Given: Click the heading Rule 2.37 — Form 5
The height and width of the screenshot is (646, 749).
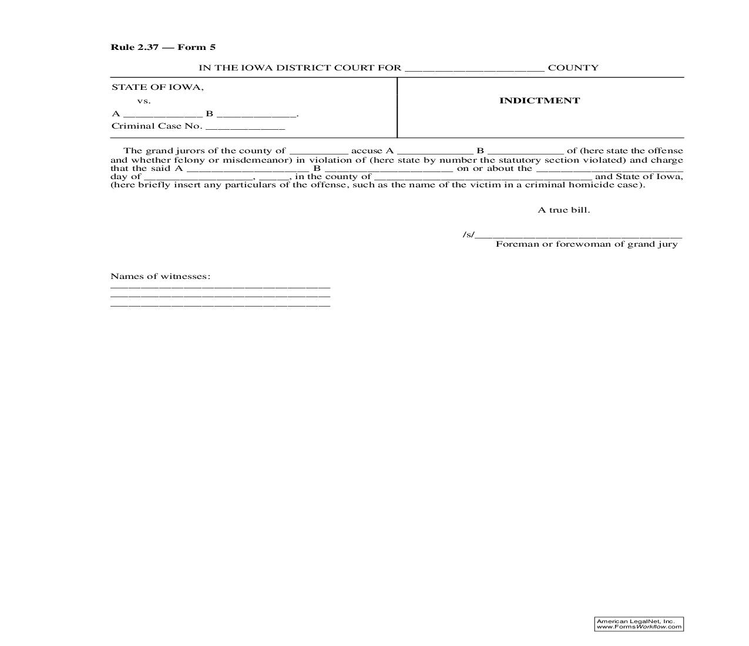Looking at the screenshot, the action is tap(163, 47).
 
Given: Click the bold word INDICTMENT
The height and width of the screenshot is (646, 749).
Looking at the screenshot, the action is tap(539, 100).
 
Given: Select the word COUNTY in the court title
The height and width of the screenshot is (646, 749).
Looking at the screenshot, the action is tap(573, 68).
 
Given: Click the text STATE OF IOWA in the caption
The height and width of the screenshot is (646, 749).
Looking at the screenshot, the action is tap(157, 88).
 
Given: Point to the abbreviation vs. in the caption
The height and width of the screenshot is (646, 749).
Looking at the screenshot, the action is tap(144, 100).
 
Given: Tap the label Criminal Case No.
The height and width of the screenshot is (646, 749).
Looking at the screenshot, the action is tap(157, 126).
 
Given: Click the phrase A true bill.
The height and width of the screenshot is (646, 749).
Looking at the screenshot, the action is tap(563, 210).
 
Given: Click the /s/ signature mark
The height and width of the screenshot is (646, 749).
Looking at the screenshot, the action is tap(468, 235).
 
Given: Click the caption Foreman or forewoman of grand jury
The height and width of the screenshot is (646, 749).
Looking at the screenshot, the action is tap(586, 244).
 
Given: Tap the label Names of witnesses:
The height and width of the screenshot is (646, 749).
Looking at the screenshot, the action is tap(160, 276).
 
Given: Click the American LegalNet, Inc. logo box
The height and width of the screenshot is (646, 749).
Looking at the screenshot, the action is tap(639, 624).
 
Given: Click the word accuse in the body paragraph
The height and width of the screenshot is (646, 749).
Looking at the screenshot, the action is tap(367, 151).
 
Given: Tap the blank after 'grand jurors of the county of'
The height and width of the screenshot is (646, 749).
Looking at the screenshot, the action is tap(319, 152).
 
